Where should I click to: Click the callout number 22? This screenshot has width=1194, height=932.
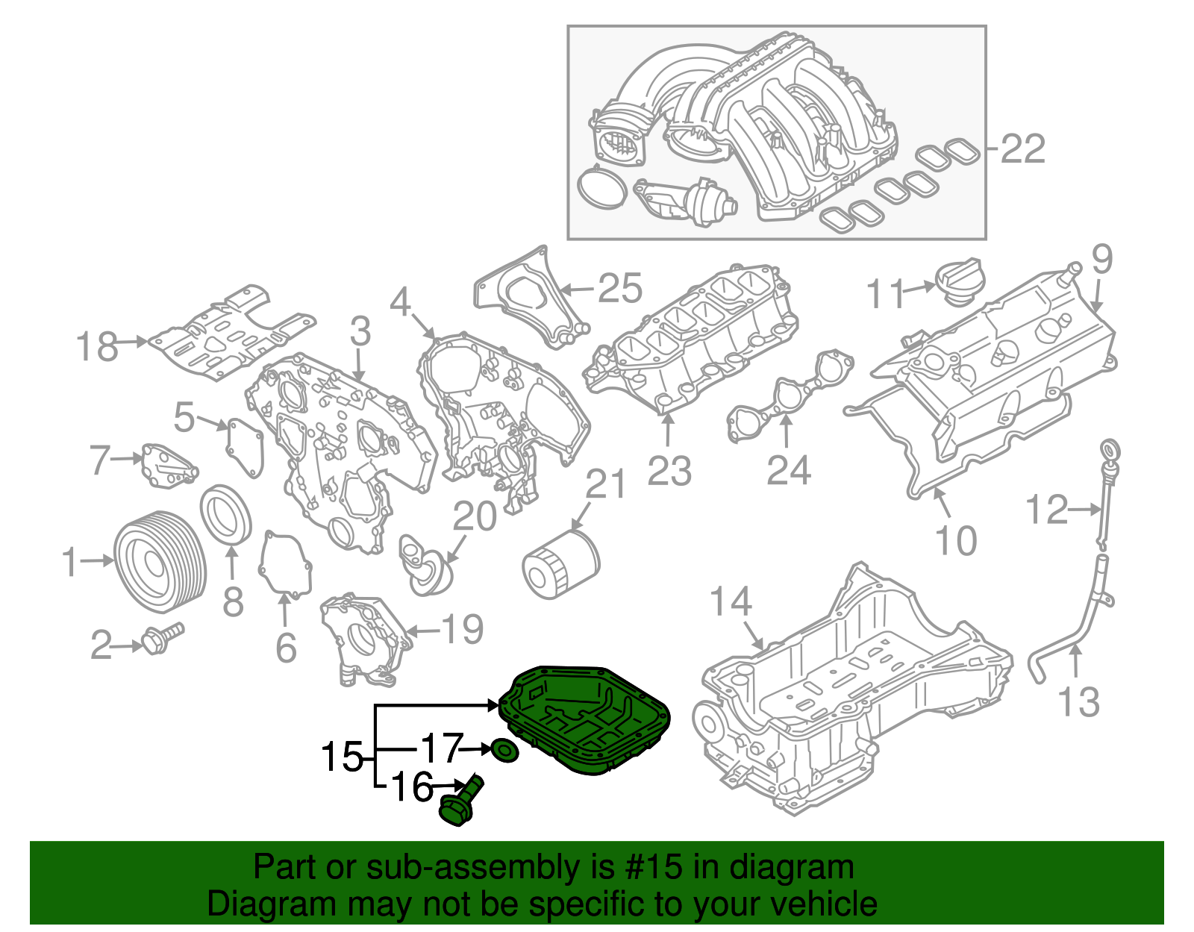1022,149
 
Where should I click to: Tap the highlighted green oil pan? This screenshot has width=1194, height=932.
587,717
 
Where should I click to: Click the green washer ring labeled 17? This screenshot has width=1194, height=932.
504,750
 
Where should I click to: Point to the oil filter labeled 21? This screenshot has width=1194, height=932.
560,564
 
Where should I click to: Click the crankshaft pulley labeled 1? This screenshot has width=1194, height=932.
160,561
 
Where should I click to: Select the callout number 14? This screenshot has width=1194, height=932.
730,601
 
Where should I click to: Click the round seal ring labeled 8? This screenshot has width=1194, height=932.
226,514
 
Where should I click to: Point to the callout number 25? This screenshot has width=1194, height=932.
620,288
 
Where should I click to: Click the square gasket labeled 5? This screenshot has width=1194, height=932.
246,447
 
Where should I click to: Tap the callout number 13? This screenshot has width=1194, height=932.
1079,702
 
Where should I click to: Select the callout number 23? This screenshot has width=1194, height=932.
669,471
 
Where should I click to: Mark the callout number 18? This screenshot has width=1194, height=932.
97,347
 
